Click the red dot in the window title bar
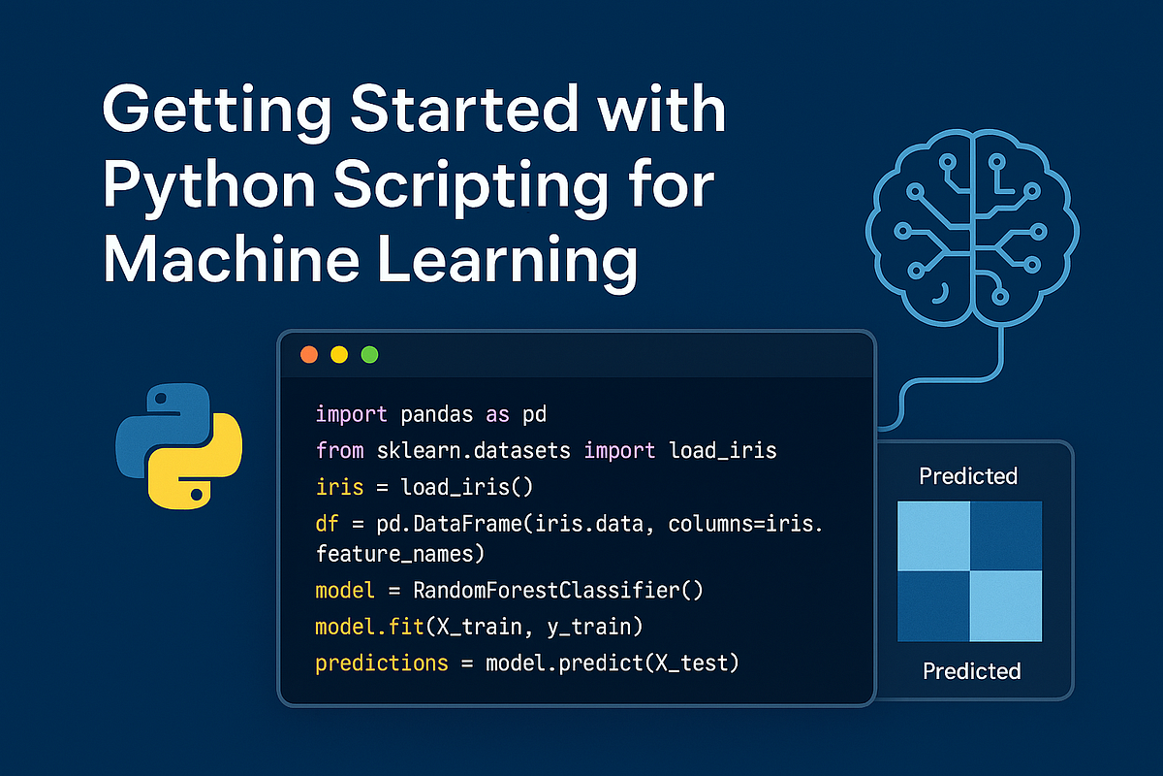pyautogui.click(x=309, y=354)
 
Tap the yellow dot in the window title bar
pyautogui.click(x=339, y=354)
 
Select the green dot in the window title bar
pyautogui.click(x=369, y=354)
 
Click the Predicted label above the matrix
pyautogui.click(x=968, y=476)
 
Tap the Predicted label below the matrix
pyautogui.click(x=971, y=670)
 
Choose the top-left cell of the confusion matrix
pyautogui.click(x=933, y=535)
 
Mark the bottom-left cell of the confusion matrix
pyautogui.click(x=933, y=606)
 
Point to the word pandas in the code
pyautogui.click(x=435, y=415)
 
